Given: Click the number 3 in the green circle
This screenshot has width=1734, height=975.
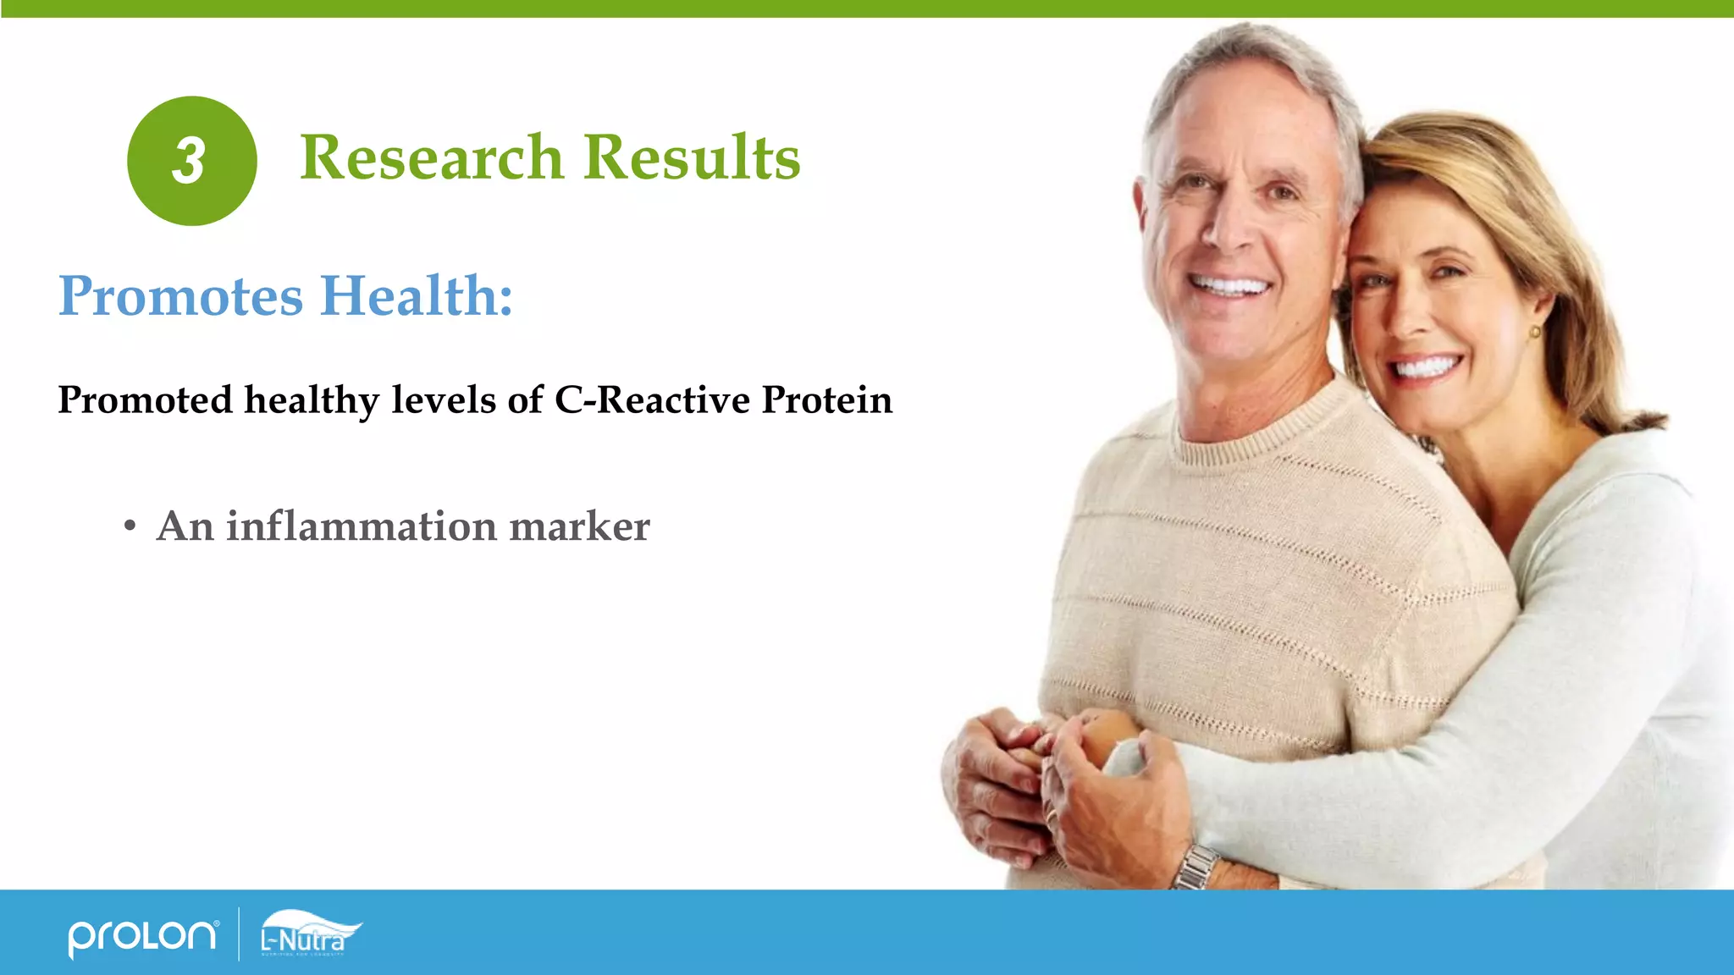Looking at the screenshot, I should pos(190,161).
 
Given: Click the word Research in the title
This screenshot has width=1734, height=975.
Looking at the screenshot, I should pos(431,158).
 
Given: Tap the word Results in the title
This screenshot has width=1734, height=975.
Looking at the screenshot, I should pos(692,158).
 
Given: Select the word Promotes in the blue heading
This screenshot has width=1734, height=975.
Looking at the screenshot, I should pos(180,296).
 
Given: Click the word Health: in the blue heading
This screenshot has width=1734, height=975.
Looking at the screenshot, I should pos(417,296).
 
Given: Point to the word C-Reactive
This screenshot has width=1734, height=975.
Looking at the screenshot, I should pos(652,399).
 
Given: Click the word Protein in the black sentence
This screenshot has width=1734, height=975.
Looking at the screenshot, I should pos(826,399).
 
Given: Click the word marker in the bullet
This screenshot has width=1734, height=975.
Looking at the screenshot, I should pos(579,526).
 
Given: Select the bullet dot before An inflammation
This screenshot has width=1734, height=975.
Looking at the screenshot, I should pos(130,526).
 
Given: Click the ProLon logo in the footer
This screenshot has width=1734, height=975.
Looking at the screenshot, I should pos(142,936).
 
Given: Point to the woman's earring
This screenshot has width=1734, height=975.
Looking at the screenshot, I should pos(1535,333).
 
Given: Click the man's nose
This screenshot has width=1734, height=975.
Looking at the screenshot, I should pos(1225,230).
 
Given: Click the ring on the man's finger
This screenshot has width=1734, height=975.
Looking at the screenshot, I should pos(1052,817).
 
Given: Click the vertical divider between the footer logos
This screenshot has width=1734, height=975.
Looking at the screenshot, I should pos(239,934).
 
